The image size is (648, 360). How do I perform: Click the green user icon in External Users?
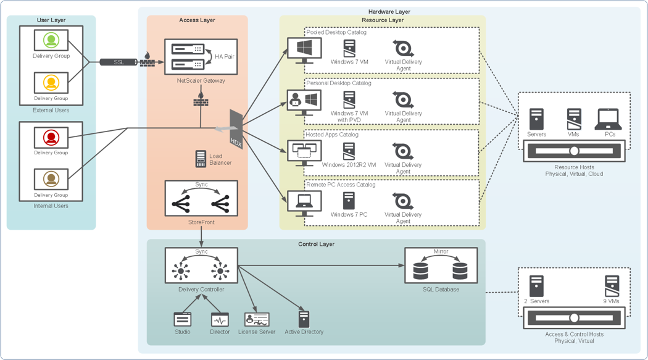tap(51, 41)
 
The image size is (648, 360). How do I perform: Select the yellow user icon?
tap(51, 83)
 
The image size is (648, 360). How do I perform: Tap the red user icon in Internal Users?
tap(51, 138)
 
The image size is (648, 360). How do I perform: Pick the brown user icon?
tap(51, 179)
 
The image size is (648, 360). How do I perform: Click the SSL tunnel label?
tap(118, 62)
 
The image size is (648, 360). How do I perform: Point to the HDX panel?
tap(236, 130)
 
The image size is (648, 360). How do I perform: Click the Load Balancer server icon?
tap(201, 159)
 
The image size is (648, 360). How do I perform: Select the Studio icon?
tap(182, 319)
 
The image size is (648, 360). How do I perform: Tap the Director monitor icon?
tap(220, 319)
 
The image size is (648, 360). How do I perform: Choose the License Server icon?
tap(257, 319)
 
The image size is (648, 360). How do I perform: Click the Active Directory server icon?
tap(304, 319)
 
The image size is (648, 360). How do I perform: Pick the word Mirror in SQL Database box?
tap(441, 251)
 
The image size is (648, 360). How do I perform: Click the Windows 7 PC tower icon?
tap(349, 201)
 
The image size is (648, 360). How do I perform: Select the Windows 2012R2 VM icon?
tap(349, 151)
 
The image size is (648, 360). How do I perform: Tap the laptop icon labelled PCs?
tap(608, 119)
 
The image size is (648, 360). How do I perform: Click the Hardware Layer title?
tap(389, 12)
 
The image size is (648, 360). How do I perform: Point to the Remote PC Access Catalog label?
tap(341, 185)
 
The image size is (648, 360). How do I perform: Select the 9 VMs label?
tap(611, 301)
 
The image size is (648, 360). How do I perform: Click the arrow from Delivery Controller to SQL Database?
tap(322, 266)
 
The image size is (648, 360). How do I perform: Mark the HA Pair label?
tap(225, 56)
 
